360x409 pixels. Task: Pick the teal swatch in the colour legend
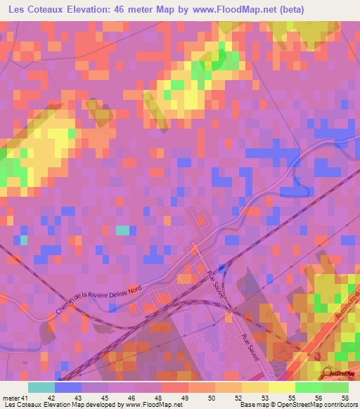(41, 387)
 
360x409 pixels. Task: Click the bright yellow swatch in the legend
(282, 387)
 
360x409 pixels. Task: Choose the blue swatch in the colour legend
(68, 387)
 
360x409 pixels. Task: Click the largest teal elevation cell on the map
(122, 230)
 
